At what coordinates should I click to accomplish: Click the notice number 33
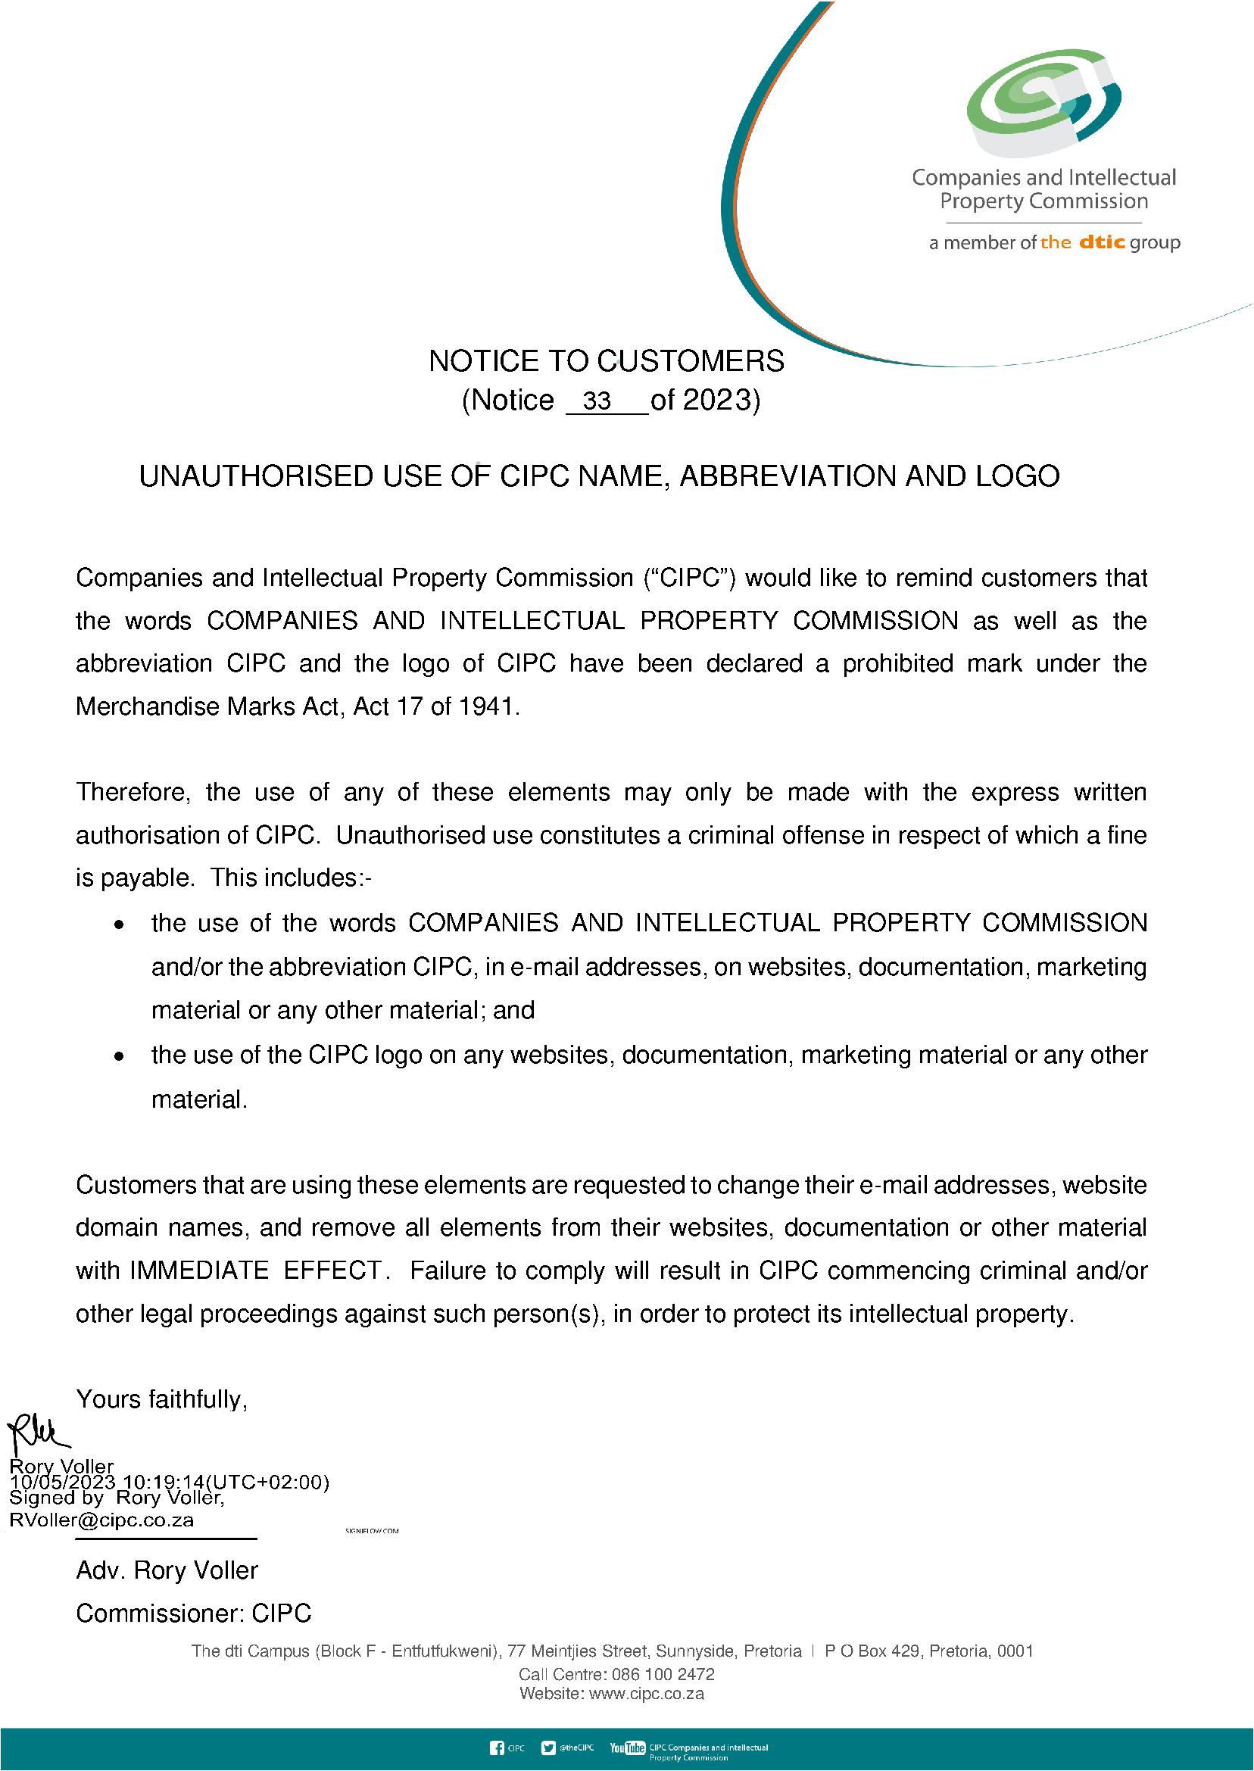[597, 401]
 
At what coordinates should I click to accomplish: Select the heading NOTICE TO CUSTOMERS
[606, 361]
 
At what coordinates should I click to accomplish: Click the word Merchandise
[148, 706]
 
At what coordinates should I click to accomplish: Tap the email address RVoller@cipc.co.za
[101, 1520]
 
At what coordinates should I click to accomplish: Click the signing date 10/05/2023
[63, 1483]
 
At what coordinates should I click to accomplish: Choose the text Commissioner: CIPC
[193, 1613]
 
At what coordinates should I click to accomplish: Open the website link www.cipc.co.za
[646, 1694]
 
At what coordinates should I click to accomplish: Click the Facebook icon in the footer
[498, 1748]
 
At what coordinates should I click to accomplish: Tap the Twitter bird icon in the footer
[548, 1748]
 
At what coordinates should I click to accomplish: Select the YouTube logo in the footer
[627, 1748]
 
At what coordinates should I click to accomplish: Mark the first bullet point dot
[119, 924]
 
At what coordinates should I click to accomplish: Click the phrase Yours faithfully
[161, 1399]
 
